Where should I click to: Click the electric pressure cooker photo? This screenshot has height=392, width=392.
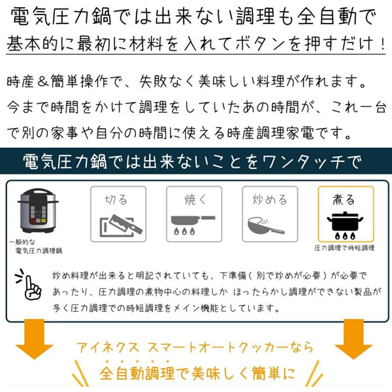[38, 211]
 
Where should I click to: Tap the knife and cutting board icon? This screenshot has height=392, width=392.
[121, 225]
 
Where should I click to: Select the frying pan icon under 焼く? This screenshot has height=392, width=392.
[193, 225]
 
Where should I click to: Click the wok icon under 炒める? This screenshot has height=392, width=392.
[266, 226]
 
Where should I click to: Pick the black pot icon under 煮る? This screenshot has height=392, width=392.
[345, 225]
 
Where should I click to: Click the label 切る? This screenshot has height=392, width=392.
[116, 199]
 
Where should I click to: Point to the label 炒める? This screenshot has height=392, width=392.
[270, 199]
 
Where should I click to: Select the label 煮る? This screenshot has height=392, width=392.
[344, 199]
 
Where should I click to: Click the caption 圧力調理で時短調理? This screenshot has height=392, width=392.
[344, 248]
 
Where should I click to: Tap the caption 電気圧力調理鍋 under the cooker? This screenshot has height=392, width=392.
[39, 251]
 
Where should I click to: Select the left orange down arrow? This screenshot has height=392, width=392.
[34, 339]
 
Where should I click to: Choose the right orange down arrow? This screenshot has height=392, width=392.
[353, 339]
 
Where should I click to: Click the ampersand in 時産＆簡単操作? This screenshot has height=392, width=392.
[42, 82]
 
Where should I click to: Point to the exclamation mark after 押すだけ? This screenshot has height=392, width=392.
[383, 44]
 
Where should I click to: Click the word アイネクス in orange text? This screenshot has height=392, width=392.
[108, 348]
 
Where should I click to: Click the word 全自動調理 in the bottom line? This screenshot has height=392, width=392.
[137, 373]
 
